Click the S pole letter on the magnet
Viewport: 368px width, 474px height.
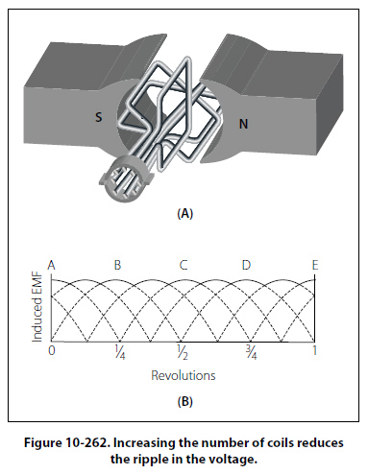(x=99, y=117)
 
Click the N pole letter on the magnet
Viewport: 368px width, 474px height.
(x=243, y=124)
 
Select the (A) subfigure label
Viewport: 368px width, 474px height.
(x=185, y=213)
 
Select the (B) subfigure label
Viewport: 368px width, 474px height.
(x=185, y=401)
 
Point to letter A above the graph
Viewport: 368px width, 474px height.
(x=51, y=265)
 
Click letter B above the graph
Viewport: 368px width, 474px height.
(x=117, y=265)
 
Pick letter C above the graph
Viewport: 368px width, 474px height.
(x=184, y=265)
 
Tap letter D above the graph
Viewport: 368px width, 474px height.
(x=246, y=265)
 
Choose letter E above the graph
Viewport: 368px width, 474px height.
(x=315, y=265)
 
